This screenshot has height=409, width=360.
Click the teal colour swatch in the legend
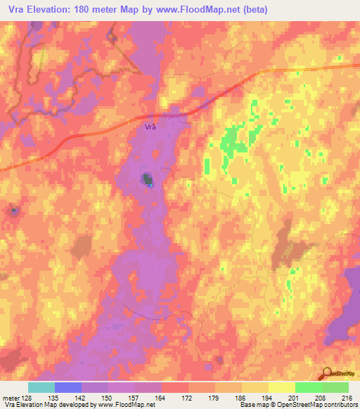pos(41,387)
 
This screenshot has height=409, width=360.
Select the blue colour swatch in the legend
pos(67,387)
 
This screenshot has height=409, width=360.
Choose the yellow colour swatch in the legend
pos(255,387)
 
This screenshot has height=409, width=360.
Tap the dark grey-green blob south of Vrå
pos(148,180)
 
